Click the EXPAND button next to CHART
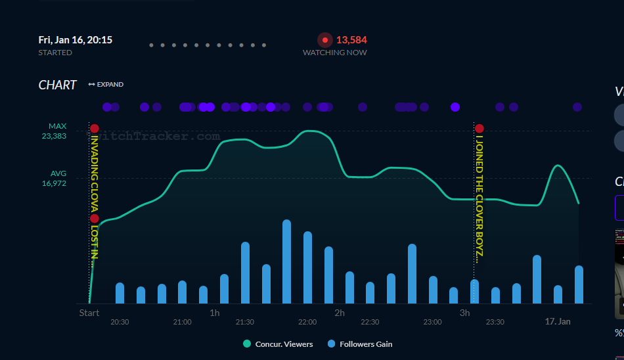106,85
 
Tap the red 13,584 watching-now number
351,40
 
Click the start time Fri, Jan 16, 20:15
75,40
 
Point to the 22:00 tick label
307,322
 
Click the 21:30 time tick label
244,322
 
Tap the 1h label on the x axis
215,313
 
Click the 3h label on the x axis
464,313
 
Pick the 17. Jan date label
558,322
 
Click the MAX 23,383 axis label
54,131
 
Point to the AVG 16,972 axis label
54,179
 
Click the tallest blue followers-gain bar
286,261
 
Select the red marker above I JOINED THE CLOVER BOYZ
479,129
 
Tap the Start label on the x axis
89,313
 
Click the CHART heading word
58,85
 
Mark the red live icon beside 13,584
324,40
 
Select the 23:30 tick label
495,322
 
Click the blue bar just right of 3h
475,291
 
